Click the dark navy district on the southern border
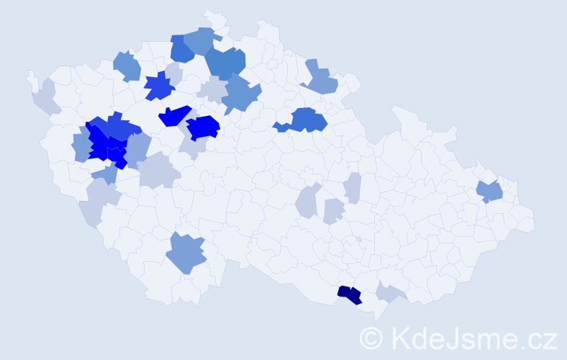(350, 294)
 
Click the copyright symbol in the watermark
(371, 338)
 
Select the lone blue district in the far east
(490, 192)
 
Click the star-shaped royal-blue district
(160, 86)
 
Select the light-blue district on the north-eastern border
(320, 79)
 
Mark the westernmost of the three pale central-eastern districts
(307, 202)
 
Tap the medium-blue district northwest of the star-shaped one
(127, 66)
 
